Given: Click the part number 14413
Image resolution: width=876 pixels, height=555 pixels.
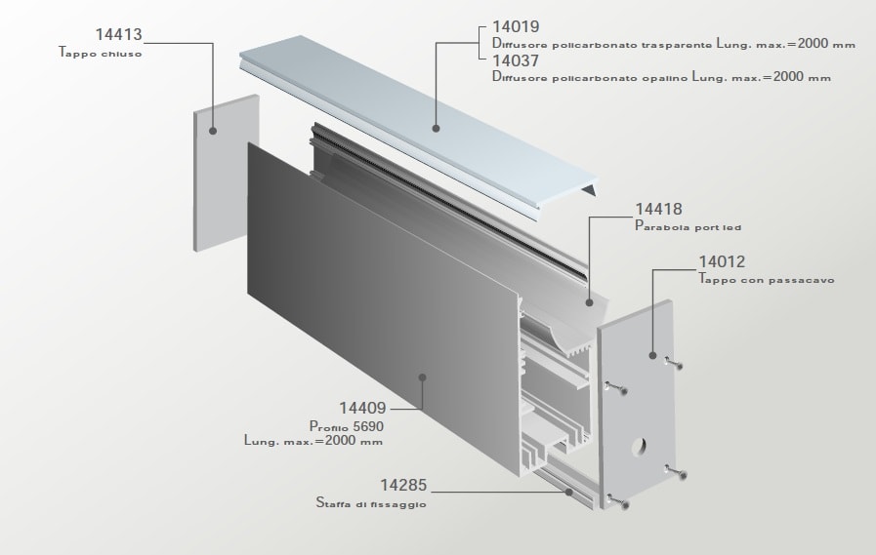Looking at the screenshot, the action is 119,34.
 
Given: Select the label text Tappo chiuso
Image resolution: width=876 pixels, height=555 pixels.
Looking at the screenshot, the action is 101,53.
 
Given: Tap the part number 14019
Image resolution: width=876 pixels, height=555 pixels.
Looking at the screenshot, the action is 516,26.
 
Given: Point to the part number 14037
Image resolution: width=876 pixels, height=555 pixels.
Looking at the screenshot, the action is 516,59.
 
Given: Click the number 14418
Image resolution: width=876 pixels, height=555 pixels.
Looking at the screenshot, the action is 658,209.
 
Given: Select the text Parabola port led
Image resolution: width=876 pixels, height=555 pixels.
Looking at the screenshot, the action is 688,226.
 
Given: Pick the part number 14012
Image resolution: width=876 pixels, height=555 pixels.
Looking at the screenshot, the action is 723,261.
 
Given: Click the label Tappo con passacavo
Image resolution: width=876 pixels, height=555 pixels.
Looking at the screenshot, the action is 767,279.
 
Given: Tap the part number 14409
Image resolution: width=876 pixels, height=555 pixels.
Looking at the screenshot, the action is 362,408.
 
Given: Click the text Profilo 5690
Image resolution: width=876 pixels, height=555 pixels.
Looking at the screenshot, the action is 347,426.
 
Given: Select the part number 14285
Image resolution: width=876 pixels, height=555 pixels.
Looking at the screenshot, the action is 403,485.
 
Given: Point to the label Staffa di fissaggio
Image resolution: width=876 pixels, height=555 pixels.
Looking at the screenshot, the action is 371,503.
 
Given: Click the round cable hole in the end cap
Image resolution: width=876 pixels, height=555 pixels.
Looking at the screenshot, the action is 639,446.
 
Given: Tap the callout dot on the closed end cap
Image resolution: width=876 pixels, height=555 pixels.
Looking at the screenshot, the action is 213,131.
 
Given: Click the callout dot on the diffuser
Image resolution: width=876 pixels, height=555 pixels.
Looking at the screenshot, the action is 437,129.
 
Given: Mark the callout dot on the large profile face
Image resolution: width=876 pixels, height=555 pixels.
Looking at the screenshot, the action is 422,377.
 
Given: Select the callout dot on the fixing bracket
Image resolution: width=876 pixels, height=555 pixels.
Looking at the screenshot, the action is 568,492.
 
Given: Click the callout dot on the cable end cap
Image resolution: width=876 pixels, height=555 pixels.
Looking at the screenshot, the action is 652,355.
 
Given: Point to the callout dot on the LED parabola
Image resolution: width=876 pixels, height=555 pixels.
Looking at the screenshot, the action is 589,302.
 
